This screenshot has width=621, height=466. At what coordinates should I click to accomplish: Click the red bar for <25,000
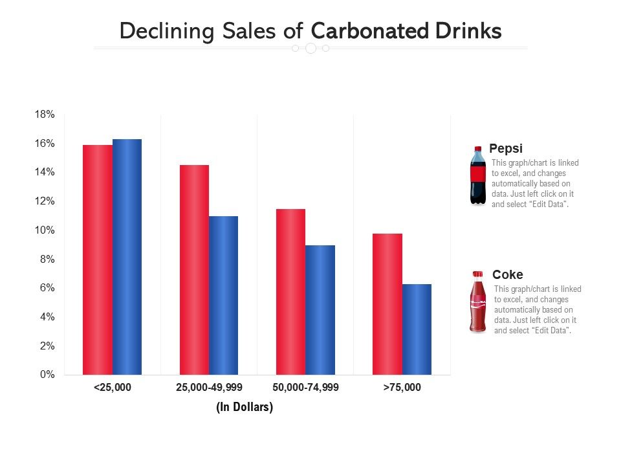coord(98,260)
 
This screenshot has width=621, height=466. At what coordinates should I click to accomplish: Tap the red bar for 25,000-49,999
coord(194,270)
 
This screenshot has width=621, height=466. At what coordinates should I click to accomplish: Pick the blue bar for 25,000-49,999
coord(223,295)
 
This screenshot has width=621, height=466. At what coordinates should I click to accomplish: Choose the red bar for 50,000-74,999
coord(290,292)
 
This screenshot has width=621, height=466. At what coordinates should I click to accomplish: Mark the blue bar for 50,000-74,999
coord(320,310)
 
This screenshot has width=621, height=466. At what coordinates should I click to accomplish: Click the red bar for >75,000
coord(387,304)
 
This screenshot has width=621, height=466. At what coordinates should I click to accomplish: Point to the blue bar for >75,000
coord(417,329)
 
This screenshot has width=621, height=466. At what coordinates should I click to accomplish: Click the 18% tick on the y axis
coord(45,115)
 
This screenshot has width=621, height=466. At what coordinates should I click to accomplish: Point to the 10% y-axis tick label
coord(45,230)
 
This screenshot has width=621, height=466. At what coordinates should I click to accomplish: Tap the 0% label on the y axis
coord(47,375)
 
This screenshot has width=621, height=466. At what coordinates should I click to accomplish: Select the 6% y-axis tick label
coord(47,288)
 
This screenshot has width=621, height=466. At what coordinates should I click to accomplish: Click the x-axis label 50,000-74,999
coord(305,388)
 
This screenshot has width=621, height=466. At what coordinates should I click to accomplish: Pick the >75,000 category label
coord(402,388)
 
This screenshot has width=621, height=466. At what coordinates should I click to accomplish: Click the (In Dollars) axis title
coord(245,407)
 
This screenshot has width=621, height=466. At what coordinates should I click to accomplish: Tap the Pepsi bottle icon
coord(478,175)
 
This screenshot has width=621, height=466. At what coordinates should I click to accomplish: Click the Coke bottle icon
coord(478,302)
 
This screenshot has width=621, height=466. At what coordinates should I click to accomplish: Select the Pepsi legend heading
coord(506,148)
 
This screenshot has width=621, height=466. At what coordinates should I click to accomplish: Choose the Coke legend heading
coord(508,274)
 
